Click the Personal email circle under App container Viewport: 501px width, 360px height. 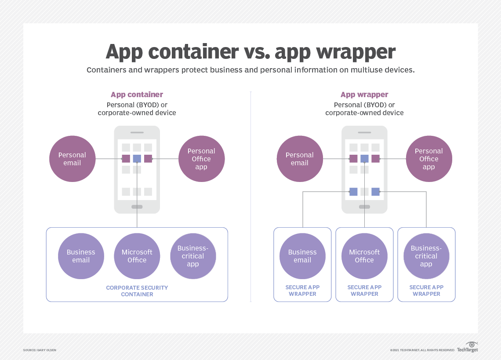[72, 159]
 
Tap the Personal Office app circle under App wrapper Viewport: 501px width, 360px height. [428, 159]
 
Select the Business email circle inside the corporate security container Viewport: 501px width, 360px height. [81, 256]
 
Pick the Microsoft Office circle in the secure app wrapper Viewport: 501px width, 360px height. [364, 256]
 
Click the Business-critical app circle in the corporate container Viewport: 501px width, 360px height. [193, 256]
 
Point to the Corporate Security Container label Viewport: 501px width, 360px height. [137, 291]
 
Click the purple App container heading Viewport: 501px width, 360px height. [137, 95]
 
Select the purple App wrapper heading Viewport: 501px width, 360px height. [364, 95]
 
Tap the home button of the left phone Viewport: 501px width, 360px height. [137, 207]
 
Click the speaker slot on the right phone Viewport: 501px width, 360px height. [365, 132]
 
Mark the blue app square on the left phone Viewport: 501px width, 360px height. [137, 159]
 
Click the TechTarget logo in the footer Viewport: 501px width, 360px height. [467, 348]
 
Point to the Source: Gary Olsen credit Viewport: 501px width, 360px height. [40, 350]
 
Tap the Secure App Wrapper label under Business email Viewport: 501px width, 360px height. [302, 291]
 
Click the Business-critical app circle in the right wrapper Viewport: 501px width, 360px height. [426, 256]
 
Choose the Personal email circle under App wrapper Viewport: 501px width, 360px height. [300, 159]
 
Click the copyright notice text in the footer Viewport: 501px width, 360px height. [422, 350]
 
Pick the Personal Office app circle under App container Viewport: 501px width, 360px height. [201, 159]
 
